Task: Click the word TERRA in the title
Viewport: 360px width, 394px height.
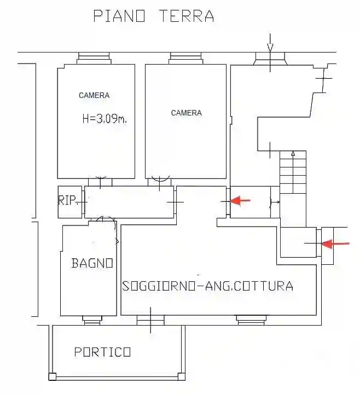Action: pyautogui.click(x=187, y=16)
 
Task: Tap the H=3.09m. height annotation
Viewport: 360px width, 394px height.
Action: pyautogui.click(x=104, y=119)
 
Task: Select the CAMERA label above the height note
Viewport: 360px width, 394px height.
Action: pyautogui.click(x=94, y=95)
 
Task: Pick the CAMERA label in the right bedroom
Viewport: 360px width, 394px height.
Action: pyautogui.click(x=186, y=113)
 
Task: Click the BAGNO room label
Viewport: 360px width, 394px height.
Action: pyautogui.click(x=92, y=263)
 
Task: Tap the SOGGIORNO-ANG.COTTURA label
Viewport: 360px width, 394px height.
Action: pyautogui.click(x=207, y=286)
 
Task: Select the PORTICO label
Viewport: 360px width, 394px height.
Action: pyautogui.click(x=102, y=352)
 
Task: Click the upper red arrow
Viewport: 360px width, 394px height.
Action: pyautogui.click(x=240, y=201)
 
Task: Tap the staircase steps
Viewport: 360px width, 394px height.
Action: pyautogui.click(x=293, y=172)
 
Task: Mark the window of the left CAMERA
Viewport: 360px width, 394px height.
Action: pyautogui.click(x=96, y=57)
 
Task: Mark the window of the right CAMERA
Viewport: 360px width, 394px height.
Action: pyautogui.click(x=186, y=57)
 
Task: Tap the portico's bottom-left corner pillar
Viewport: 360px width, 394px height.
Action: pyautogui.click(x=52, y=376)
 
